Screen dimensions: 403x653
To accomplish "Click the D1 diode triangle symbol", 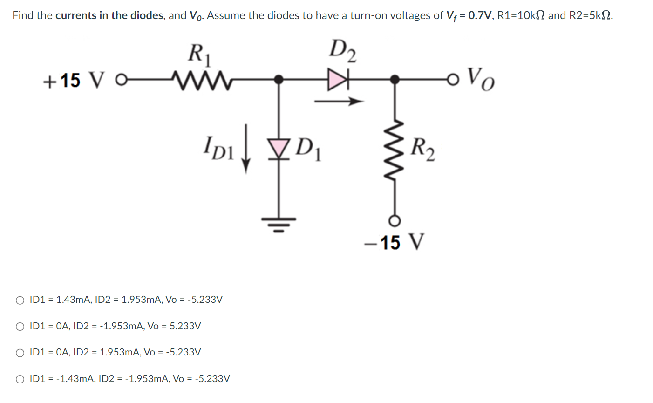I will [279, 147].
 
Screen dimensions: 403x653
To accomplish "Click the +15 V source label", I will [68, 80].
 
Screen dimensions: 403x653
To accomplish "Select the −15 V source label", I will [395, 243].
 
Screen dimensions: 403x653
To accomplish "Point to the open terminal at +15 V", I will [120, 80].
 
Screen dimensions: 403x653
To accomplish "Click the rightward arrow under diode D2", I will [338, 101].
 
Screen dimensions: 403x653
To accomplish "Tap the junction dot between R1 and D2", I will [279, 80].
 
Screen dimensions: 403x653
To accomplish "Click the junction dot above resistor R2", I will [395, 80].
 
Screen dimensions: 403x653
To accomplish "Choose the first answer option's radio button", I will [20, 300].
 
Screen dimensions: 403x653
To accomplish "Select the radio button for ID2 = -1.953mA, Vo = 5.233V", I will [20, 327].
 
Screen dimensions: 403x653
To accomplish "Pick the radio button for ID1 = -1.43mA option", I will [20, 379].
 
